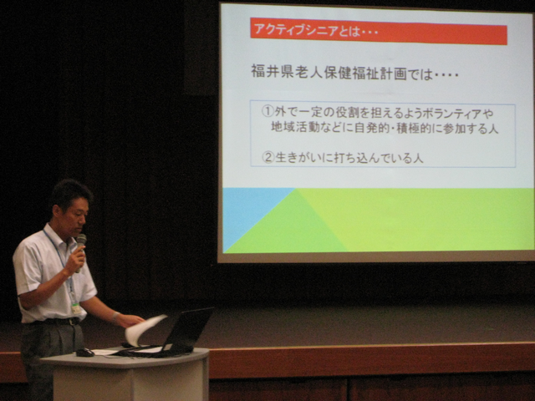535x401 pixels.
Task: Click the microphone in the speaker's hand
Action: click(x=80, y=251)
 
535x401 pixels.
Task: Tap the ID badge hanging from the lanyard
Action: click(x=76, y=308)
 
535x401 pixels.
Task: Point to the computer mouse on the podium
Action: click(x=84, y=353)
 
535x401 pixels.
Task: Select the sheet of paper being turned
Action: click(x=143, y=329)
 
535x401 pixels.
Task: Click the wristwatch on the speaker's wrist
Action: click(x=115, y=317)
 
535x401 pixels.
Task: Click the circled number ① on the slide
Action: click(x=267, y=111)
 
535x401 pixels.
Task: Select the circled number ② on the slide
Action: click(x=268, y=157)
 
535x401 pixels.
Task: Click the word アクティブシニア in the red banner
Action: click(x=296, y=30)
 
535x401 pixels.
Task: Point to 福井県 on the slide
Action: click(x=272, y=72)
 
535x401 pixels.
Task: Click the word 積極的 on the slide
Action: click(x=416, y=129)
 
